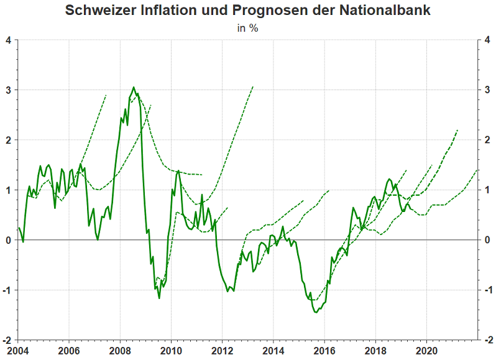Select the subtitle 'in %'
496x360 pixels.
tap(248, 28)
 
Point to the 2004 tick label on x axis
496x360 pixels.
tap(17, 350)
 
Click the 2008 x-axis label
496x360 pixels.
tap(120, 350)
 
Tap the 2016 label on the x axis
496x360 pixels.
tap(324, 350)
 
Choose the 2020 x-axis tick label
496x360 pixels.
tap(426, 350)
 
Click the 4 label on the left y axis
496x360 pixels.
tap(9, 40)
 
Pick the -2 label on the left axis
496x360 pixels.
tap(7, 340)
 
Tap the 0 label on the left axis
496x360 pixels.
tap(9, 240)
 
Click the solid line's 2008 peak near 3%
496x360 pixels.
tap(134, 87)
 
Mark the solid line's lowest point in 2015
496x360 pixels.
tap(316, 312)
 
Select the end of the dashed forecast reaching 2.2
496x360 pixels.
tap(457, 130)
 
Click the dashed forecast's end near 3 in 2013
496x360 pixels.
tap(253, 86)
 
